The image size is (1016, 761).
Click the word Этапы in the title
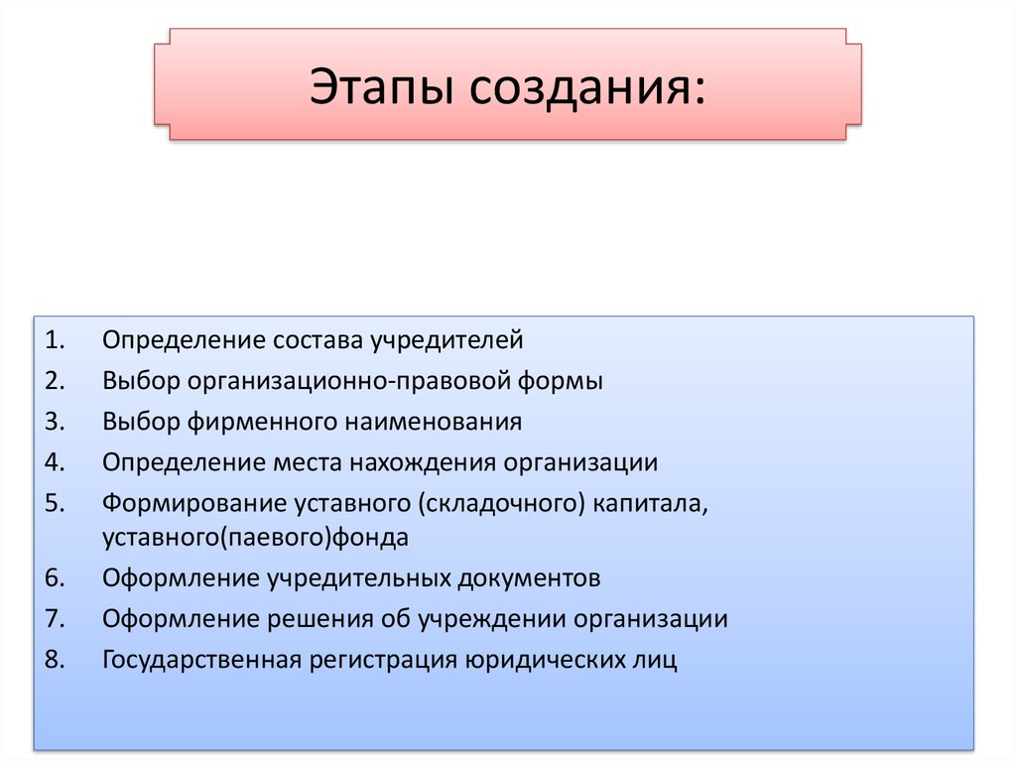[x=380, y=86]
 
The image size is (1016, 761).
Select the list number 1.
[x=56, y=339]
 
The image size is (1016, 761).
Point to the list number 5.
[x=56, y=503]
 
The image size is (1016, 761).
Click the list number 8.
[x=56, y=659]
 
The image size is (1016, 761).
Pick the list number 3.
[x=56, y=422]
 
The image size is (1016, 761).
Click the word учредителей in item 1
[x=447, y=340]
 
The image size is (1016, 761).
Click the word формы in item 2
[x=560, y=381]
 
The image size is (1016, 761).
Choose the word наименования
[x=434, y=422]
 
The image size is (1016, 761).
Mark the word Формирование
[x=194, y=503]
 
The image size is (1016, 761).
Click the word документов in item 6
[x=529, y=578]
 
